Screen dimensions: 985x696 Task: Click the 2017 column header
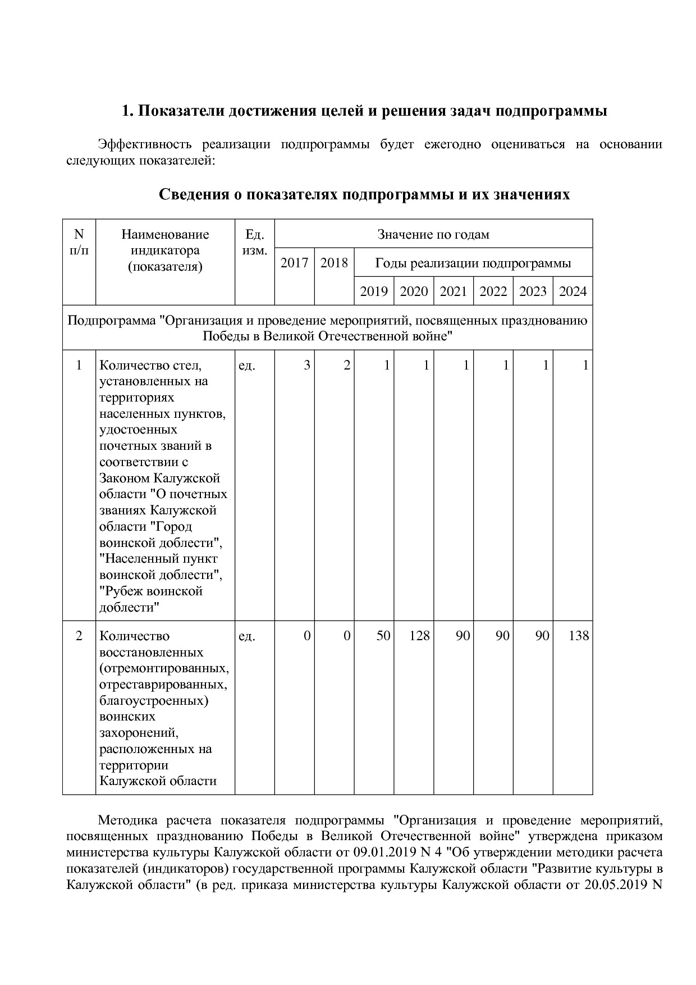[x=294, y=263]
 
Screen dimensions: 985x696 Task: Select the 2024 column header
[x=573, y=291]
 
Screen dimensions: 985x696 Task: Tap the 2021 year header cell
[x=453, y=291]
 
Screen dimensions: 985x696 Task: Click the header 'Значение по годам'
[x=433, y=234]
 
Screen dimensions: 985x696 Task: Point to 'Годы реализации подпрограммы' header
[x=473, y=263]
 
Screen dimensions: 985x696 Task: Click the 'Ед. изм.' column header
[x=255, y=242]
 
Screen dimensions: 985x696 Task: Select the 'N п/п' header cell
[x=79, y=242]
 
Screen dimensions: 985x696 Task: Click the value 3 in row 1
[x=306, y=366]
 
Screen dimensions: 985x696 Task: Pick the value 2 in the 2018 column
[x=346, y=366]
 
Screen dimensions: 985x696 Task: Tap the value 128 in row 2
[x=419, y=636]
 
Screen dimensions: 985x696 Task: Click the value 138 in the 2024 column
[x=579, y=636]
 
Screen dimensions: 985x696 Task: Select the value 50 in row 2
[x=383, y=636]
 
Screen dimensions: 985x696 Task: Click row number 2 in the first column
[x=79, y=636]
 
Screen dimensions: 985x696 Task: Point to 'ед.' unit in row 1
[x=247, y=366]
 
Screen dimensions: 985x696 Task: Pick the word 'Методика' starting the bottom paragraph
[x=126, y=820]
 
